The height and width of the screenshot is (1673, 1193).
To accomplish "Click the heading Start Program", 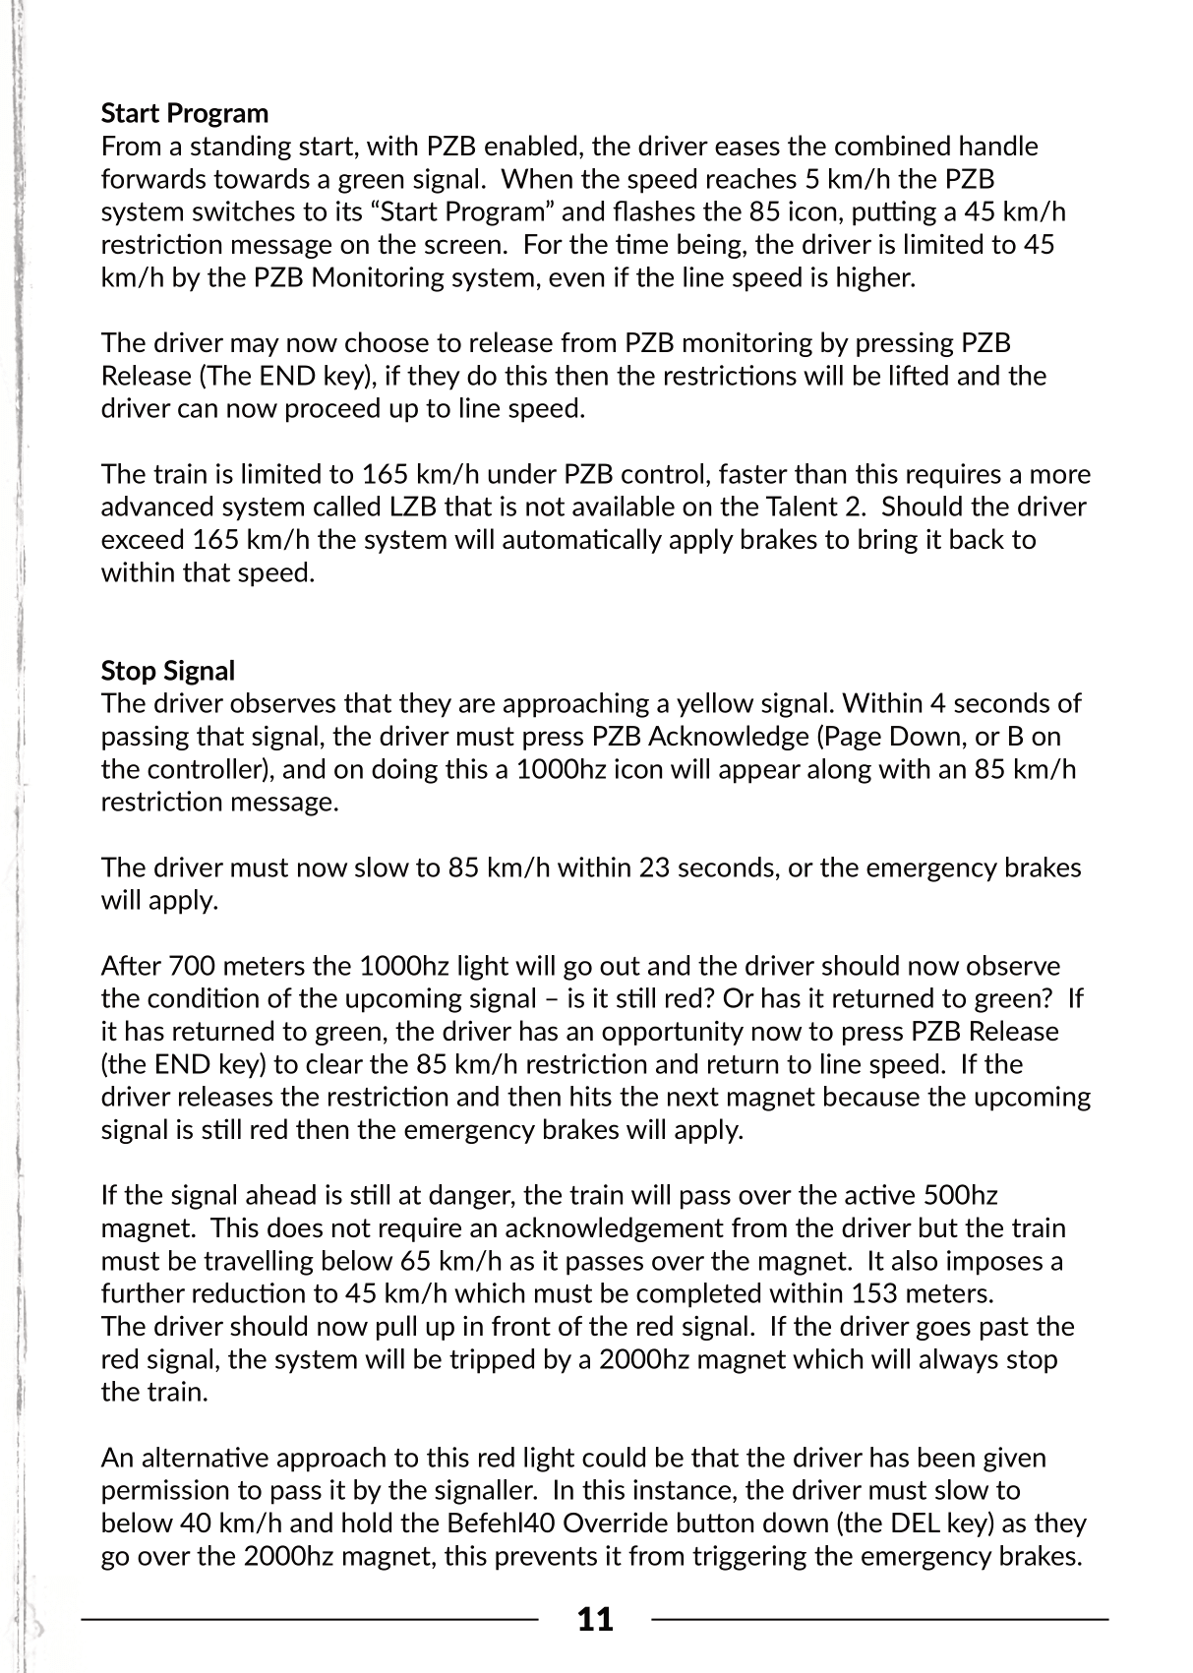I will [184, 113].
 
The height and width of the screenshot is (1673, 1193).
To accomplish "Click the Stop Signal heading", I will [167, 671].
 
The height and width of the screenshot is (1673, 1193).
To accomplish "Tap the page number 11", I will [595, 1619].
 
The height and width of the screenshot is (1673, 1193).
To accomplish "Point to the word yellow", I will [706, 703].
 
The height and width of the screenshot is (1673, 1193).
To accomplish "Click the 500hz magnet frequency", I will [960, 1195].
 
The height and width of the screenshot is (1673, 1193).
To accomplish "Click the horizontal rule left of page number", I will [310, 1617].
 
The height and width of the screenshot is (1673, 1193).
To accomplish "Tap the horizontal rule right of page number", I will [880, 1617].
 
